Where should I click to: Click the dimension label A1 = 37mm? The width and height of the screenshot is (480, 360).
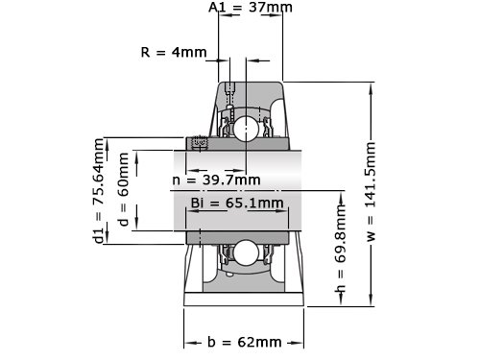pyautogui.click(x=251, y=7)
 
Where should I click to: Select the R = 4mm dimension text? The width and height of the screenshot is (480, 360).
pyautogui.click(x=174, y=52)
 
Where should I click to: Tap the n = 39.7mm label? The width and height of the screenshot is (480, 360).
pyautogui.click(x=216, y=180)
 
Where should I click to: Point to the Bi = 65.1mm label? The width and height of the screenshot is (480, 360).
pyautogui.click(x=237, y=203)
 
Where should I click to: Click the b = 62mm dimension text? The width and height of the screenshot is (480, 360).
pyautogui.click(x=245, y=342)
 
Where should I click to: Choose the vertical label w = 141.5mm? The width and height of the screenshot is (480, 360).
pyautogui.click(x=371, y=191)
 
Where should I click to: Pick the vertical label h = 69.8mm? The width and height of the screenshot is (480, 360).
pyautogui.click(x=341, y=249)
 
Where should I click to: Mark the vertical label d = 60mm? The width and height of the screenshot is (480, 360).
pyautogui.click(x=123, y=189)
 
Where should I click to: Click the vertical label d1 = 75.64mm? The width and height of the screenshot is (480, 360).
pyautogui.click(x=99, y=191)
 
